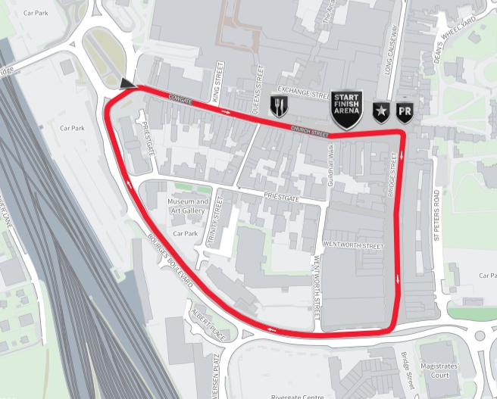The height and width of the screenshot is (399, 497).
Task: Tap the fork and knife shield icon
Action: click(280, 106)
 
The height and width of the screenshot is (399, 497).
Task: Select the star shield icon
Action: click(380, 113)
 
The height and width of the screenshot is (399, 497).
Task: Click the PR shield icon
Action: click(405, 113)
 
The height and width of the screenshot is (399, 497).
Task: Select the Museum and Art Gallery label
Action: click(187, 207)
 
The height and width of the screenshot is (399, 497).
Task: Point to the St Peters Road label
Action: click(436, 214)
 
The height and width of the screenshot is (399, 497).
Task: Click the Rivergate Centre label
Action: click(299, 395)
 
